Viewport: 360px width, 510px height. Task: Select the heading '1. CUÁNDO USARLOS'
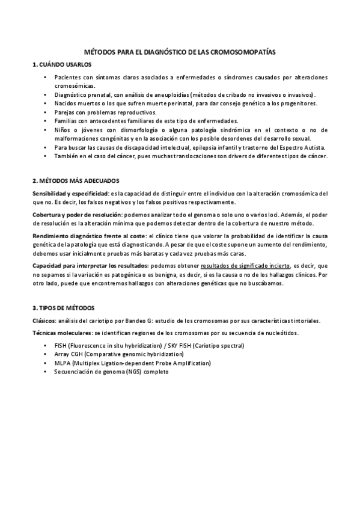63,64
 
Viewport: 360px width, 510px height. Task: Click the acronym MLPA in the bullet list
62,363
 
